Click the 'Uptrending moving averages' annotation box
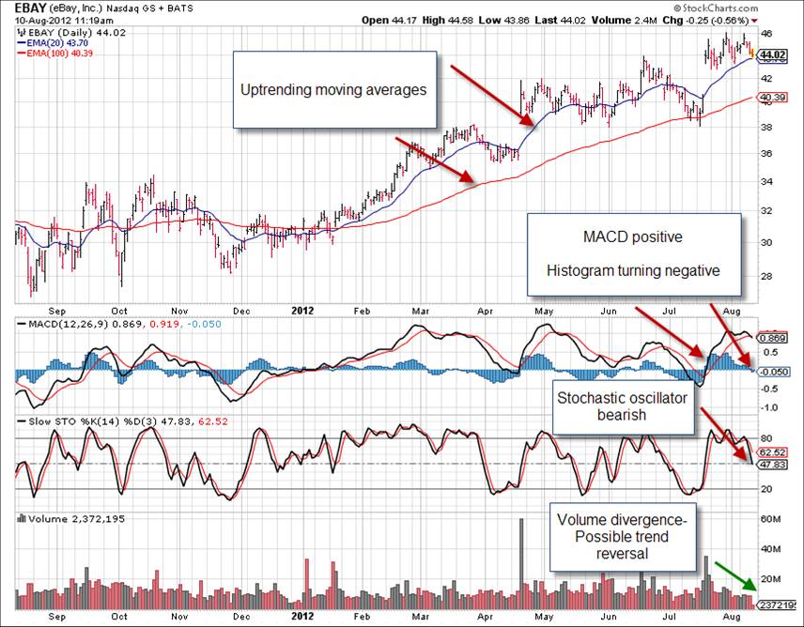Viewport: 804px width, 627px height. click(x=335, y=89)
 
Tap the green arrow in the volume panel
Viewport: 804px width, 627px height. click(x=734, y=574)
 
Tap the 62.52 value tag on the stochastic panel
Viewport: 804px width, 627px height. click(x=771, y=451)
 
